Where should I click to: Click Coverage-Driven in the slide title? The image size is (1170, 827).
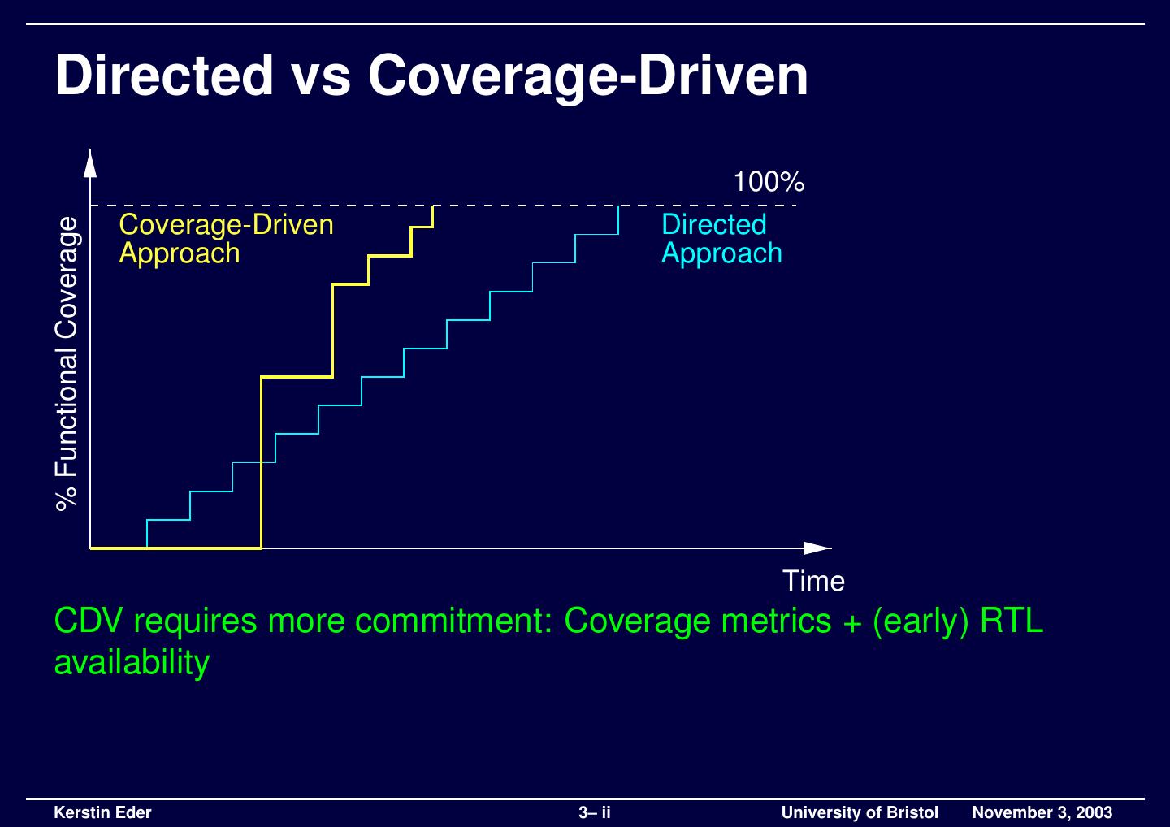(x=587, y=76)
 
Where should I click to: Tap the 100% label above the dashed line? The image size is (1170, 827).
(x=769, y=182)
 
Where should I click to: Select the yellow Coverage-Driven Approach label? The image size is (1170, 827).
(x=226, y=238)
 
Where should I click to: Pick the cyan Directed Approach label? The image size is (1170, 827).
(x=721, y=238)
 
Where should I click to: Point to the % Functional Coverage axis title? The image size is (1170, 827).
(x=68, y=362)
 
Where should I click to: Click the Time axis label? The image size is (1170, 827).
(x=813, y=581)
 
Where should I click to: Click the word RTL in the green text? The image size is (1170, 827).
(x=1012, y=621)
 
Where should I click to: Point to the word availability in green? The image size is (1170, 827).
(x=132, y=663)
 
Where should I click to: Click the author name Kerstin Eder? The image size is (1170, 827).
(x=102, y=812)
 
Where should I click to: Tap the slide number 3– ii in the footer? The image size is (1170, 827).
(x=595, y=812)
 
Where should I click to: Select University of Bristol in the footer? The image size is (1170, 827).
(x=860, y=812)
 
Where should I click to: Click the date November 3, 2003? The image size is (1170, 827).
(x=1042, y=812)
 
